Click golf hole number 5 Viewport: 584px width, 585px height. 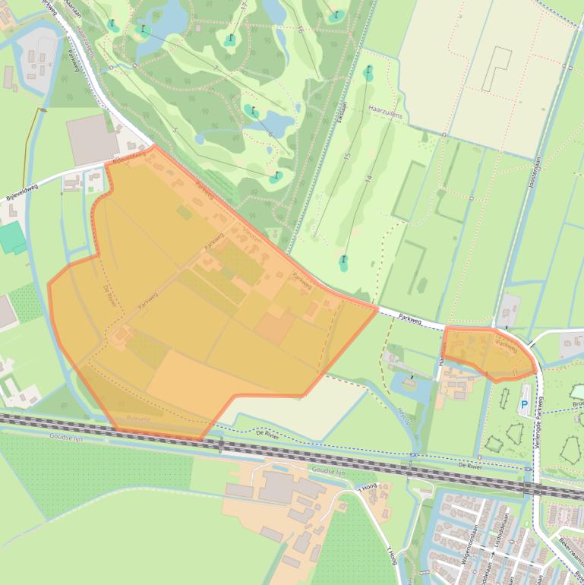[x=175, y=131]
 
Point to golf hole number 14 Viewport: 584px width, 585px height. [x=366, y=179]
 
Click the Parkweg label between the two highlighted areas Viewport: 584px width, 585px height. [x=410, y=318]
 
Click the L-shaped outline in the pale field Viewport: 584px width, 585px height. [x=497, y=68]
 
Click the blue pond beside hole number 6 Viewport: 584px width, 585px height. [x=278, y=122]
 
